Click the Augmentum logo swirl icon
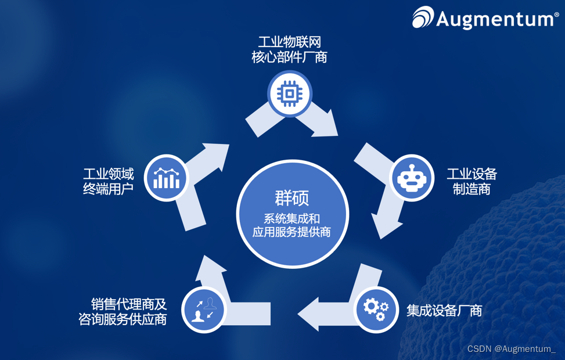pyautogui.click(x=423, y=17)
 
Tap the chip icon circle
pyautogui.click(x=290, y=93)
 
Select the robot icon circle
pyautogui.click(x=411, y=178)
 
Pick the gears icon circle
pyautogui.click(x=376, y=309)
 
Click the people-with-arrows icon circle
pyautogui.click(x=204, y=309)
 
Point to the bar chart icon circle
pyautogui.click(x=167, y=177)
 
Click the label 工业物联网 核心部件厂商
pyautogui.click(x=289, y=49)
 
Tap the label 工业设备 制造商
pyautogui.click(x=472, y=181)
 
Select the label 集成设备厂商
pyautogui.click(x=444, y=311)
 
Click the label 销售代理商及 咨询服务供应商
pyautogui.click(x=123, y=311)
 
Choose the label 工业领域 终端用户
pyautogui.click(x=109, y=181)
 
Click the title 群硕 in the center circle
pyautogui.click(x=292, y=197)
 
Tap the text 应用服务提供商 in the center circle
pyautogui.click(x=292, y=232)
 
